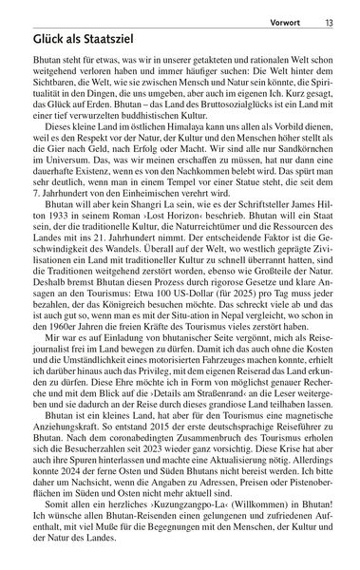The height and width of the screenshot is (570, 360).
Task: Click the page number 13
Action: [x=345, y=13]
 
